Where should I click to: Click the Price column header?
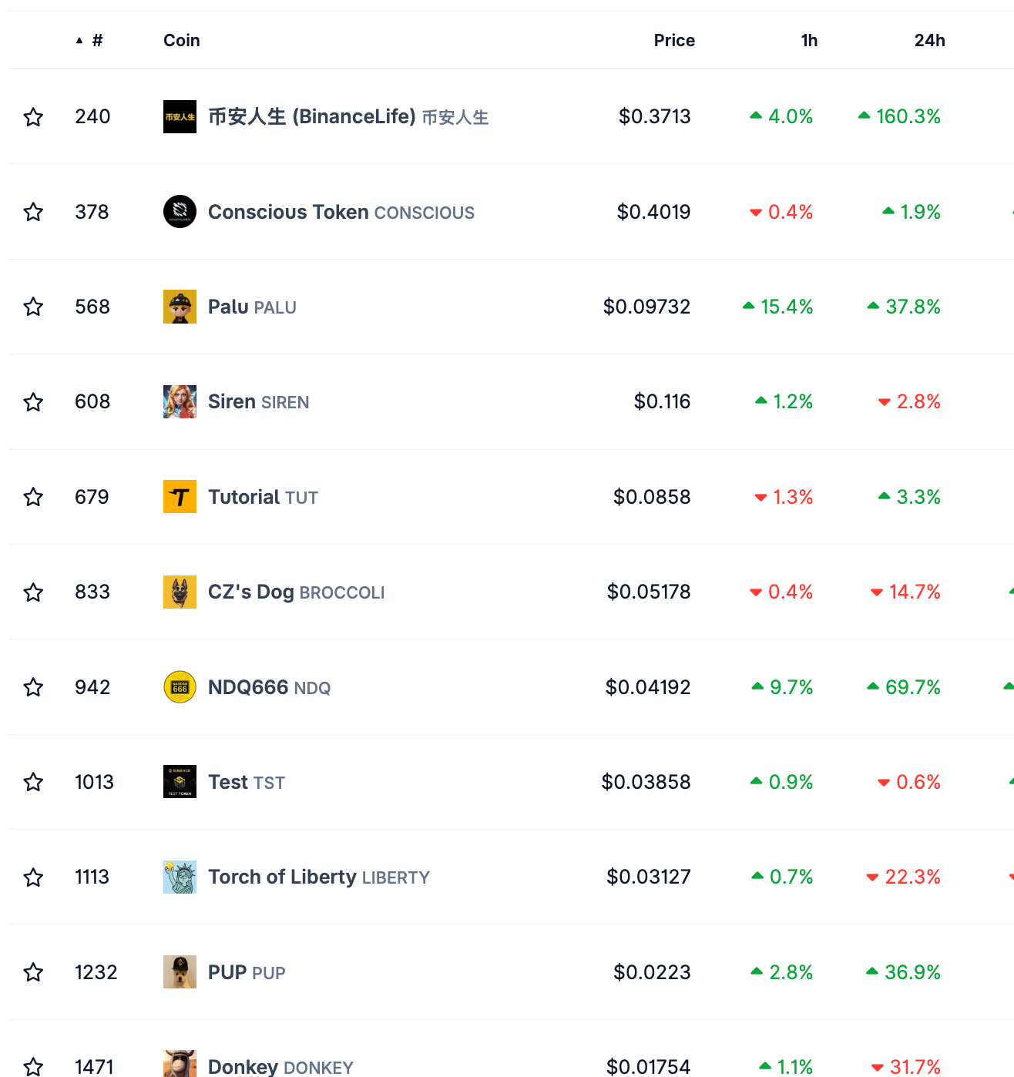tap(674, 40)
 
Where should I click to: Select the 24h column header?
tap(929, 40)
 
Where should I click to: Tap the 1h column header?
tap(809, 40)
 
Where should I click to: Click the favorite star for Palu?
tap(33, 307)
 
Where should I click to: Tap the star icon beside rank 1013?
tap(33, 782)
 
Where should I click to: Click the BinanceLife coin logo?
tap(180, 116)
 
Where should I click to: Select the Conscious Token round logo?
tap(180, 212)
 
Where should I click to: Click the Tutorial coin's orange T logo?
tap(180, 497)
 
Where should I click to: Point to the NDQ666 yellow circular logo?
tap(180, 687)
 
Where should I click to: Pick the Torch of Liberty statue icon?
tap(180, 877)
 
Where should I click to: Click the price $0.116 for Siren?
tap(662, 401)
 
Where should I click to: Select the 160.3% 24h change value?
tap(908, 116)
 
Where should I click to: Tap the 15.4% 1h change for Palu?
tap(786, 307)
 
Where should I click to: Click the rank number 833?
tap(92, 592)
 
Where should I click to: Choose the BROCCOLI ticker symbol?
tap(341, 592)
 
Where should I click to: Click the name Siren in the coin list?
tap(232, 401)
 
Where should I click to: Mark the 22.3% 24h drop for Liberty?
tap(912, 877)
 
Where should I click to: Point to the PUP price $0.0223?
tap(652, 972)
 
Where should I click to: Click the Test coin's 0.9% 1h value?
tap(791, 782)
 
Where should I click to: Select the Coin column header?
tap(181, 40)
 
